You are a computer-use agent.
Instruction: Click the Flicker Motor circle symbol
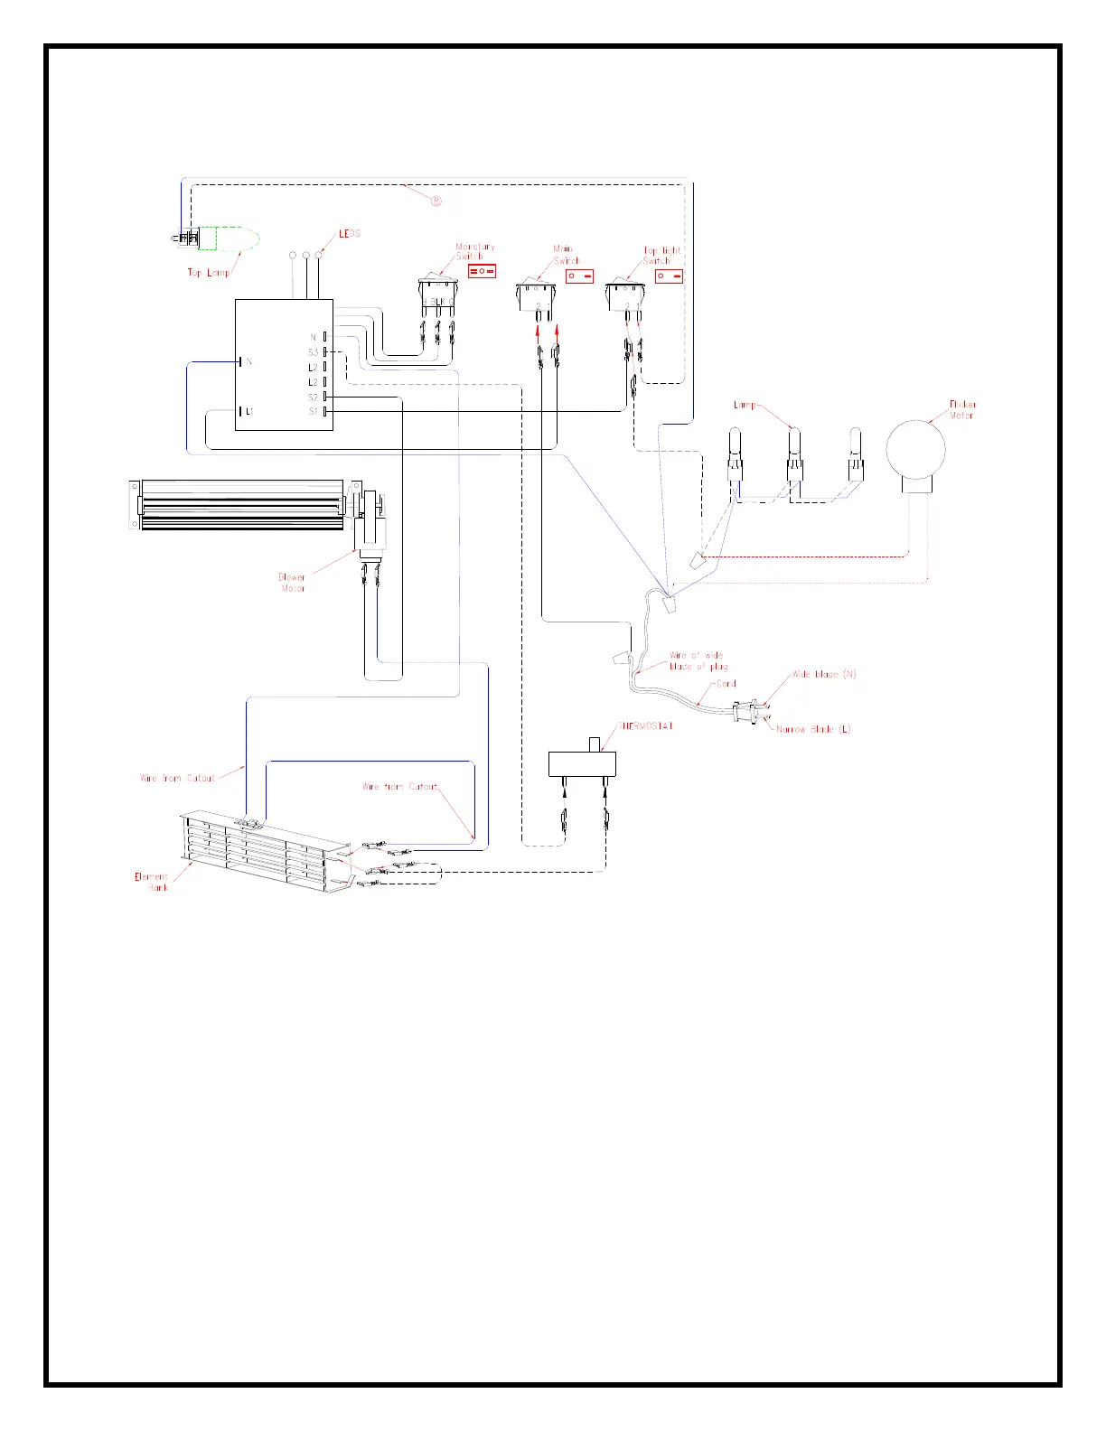[915, 450]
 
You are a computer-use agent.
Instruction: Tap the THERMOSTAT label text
[645, 725]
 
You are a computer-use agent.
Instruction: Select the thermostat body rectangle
[582, 763]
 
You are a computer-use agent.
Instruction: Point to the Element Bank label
[152, 882]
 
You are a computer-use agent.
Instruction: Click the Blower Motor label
[292, 583]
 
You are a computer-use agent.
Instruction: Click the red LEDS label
[350, 234]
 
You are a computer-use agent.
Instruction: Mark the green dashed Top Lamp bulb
[230, 238]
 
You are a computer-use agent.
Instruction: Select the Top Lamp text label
[209, 272]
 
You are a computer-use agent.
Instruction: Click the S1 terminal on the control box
[324, 412]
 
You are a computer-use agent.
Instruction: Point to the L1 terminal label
[249, 412]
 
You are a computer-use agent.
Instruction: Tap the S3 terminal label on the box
[314, 352]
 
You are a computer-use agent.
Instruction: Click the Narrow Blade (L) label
[813, 729]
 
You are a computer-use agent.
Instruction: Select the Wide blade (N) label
[824, 674]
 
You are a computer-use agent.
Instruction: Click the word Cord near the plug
[726, 684]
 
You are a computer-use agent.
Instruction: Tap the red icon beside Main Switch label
[579, 276]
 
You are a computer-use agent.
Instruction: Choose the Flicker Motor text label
[962, 410]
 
